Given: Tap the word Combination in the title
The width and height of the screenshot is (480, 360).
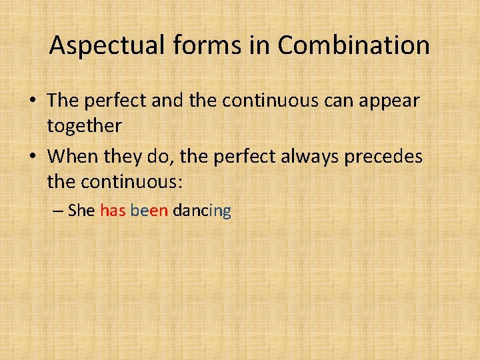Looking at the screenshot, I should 353,45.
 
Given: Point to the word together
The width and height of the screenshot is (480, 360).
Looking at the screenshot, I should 84,125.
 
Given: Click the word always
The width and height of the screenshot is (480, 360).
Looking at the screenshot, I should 301,157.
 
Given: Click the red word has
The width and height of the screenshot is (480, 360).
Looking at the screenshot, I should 113,211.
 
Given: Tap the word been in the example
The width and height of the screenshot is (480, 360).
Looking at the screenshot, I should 149,211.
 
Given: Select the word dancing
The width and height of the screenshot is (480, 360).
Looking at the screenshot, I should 201,212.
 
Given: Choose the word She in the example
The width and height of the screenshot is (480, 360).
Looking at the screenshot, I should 81,211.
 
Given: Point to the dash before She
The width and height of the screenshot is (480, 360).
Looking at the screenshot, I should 58,212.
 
